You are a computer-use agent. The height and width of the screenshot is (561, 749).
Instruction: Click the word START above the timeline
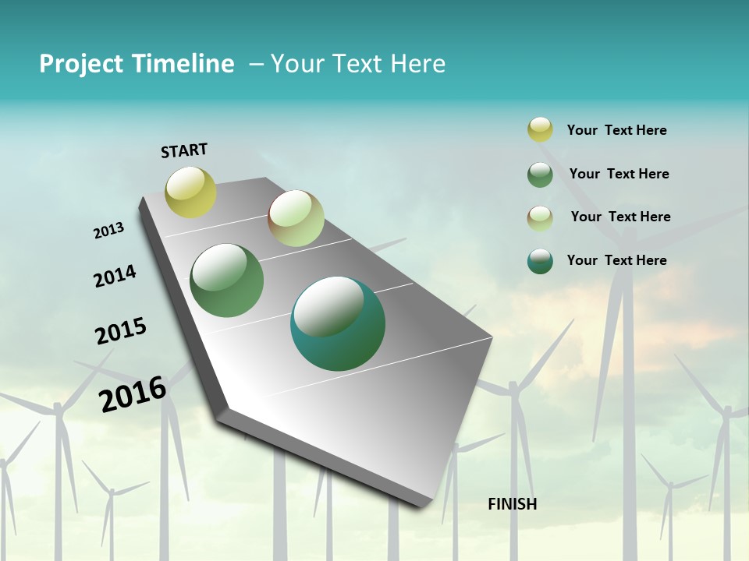point(184,150)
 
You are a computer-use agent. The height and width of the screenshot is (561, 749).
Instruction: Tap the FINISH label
point(512,504)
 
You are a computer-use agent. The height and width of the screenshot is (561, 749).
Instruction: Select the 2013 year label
point(109,231)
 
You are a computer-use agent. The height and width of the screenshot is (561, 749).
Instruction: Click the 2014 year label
point(115,276)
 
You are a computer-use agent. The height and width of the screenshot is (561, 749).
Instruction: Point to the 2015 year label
point(121,331)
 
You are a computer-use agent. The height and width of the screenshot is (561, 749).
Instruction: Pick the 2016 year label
point(133,393)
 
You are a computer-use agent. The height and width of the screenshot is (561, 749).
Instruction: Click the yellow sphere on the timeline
point(190,192)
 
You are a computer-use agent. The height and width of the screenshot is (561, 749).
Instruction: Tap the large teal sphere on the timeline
point(338,323)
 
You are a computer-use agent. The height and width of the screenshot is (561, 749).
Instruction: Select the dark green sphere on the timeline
point(227,280)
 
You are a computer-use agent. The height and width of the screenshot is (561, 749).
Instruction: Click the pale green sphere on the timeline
point(296,218)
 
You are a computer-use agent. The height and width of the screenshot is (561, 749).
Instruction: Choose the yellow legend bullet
point(540,130)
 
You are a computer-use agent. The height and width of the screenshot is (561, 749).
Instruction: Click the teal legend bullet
point(540,261)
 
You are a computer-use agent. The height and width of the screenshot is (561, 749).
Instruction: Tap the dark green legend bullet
point(540,175)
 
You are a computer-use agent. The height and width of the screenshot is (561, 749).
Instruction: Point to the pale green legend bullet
point(540,217)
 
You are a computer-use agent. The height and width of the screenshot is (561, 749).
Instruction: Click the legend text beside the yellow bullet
point(616,130)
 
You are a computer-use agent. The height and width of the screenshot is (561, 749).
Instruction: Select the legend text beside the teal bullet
point(616,260)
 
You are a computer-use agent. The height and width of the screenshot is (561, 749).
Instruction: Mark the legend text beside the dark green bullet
point(619,174)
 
